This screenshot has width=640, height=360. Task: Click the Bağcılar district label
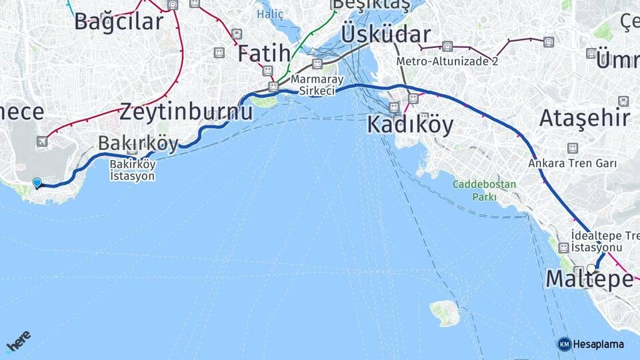[x=119, y=21]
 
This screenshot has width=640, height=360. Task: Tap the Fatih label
[x=264, y=53]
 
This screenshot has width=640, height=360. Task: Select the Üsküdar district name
[x=385, y=34]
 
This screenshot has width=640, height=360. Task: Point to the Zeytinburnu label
[x=186, y=111]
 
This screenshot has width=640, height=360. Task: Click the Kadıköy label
[x=410, y=124]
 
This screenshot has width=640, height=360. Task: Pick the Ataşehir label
[x=584, y=118]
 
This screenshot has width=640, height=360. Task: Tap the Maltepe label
[x=589, y=279]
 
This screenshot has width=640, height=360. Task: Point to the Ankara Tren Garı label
[x=572, y=163]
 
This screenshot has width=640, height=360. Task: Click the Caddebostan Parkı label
[x=475, y=190]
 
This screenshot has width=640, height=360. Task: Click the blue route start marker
[x=37, y=182]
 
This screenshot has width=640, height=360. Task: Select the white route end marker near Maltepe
[x=591, y=269]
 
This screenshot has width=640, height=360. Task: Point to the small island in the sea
[x=445, y=312]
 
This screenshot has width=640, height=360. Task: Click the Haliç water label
[x=270, y=14]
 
